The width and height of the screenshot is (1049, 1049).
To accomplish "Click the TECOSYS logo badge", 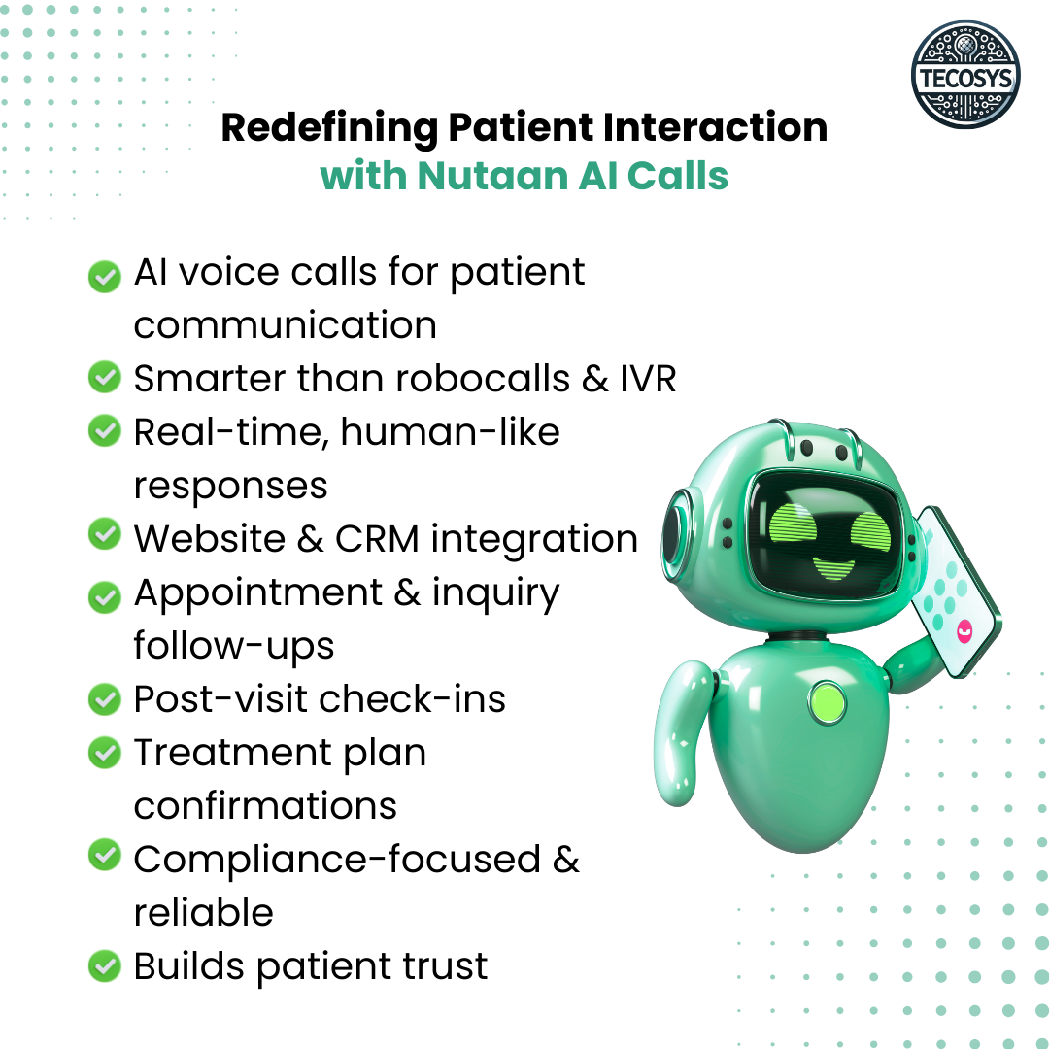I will pyautogui.click(x=965, y=76).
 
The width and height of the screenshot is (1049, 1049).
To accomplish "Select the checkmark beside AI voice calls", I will pyautogui.click(x=104, y=276).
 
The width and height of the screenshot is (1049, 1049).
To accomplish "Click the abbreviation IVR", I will pyautogui.click(x=648, y=378).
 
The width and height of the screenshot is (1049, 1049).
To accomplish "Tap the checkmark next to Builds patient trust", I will pyautogui.click(x=104, y=966).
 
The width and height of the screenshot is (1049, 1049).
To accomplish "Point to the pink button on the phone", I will pyautogui.click(x=964, y=632).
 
